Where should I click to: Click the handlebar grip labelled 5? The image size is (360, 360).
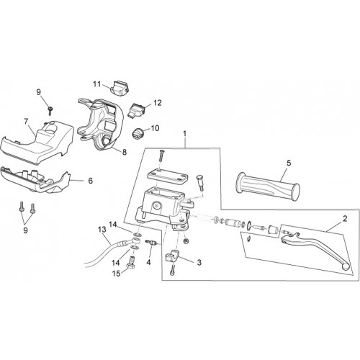coord(268,187)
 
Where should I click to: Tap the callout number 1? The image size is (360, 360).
coord(184,134)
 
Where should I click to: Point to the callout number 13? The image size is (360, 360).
coord(102,230)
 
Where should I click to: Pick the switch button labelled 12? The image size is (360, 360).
coord(138,109)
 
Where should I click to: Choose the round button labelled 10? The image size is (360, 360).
coord(138,133)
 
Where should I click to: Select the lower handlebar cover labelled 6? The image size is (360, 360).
coord(35,180)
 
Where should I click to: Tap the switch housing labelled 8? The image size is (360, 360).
coord(101,124)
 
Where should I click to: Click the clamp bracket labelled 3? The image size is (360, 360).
coord(172,256)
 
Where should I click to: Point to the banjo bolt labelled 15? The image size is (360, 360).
coord(131,263)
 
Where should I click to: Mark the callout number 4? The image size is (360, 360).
coord(149,262)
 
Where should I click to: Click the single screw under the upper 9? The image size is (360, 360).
coord(50,111)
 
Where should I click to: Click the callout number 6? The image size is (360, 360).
coord(91,181)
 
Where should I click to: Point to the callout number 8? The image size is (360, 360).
coord(125,152)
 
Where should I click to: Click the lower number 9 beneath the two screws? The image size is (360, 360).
coord(25,230)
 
